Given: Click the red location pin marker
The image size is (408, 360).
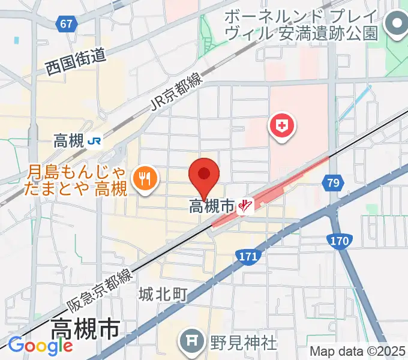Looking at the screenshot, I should (204, 175).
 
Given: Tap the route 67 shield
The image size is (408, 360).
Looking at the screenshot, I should (68, 23).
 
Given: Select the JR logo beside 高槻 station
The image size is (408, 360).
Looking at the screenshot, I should (94, 142).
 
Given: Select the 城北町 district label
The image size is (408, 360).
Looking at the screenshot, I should (163, 295).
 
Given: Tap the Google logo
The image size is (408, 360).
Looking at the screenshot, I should (40, 346).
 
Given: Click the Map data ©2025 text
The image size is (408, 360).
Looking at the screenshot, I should (357, 351).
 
